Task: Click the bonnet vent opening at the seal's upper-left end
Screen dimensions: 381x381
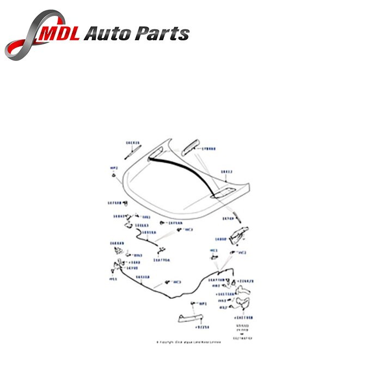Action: point(155,159)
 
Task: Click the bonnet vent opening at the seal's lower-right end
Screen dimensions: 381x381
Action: point(223,191)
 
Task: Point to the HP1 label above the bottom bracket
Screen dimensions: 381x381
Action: point(204,304)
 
